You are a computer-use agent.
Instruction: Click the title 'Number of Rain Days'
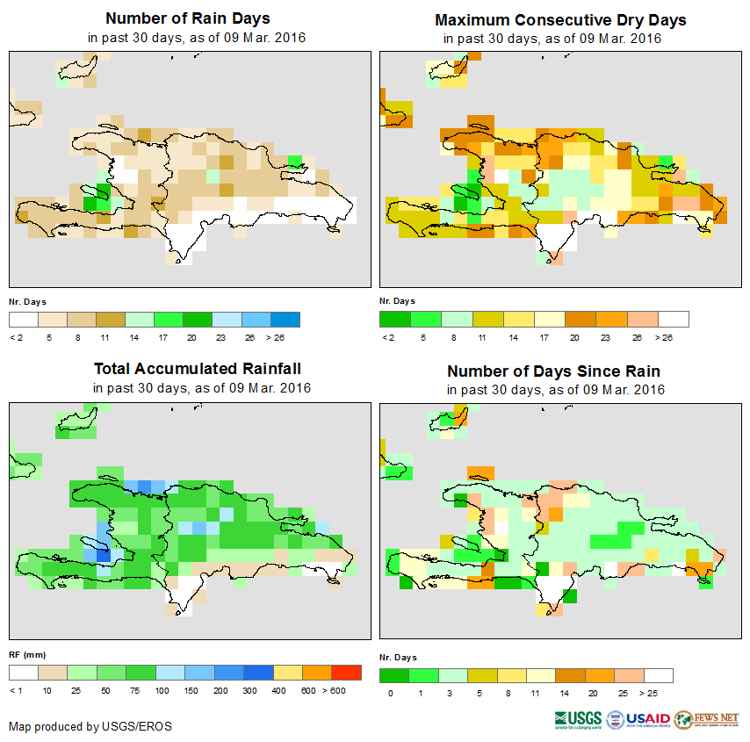click(188, 18)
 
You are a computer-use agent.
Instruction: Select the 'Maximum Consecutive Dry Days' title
click(560, 19)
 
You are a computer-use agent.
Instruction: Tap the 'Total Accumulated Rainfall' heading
click(202, 369)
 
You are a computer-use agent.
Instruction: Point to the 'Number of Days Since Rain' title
click(553, 371)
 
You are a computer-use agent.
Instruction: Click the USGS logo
click(579, 719)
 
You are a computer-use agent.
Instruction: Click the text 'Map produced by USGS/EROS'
click(90, 726)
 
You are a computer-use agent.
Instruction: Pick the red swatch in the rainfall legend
click(347, 673)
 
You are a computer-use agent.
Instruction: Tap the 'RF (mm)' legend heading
click(26, 655)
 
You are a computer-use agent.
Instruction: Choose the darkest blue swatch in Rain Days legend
click(285, 319)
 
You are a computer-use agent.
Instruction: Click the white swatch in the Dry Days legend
click(674, 319)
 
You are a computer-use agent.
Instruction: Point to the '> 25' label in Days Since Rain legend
click(658, 693)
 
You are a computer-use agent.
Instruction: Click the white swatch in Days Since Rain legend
click(658, 675)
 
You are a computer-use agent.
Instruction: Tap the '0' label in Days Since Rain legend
click(391, 693)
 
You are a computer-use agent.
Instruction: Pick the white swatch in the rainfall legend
click(24, 673)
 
